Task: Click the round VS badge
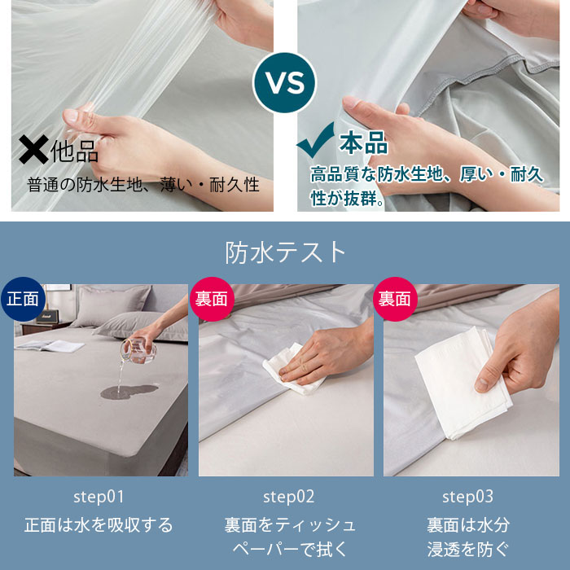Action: pos(285,82)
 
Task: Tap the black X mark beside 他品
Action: pos(33,149)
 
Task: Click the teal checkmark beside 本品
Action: pos(316,140)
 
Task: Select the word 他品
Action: pos(75,151)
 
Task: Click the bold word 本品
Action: pos(363,142)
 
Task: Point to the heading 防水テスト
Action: pos(285,252)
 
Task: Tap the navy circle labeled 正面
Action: pos(23,299)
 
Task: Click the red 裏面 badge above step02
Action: pos(212,299)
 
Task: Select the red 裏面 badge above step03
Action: pos(395,299)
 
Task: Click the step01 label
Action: pos(99,497)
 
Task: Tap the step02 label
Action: pos(288,497)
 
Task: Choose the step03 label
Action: pos(467,497)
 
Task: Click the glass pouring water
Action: pos(138,350)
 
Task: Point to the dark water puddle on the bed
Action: pos(129,392)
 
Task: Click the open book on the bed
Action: pos(50,345)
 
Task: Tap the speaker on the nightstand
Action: pos(47,316)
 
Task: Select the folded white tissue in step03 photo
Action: pos(463,384)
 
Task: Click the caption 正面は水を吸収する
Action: pos(99,525)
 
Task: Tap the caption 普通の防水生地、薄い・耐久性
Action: pos(143,184)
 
